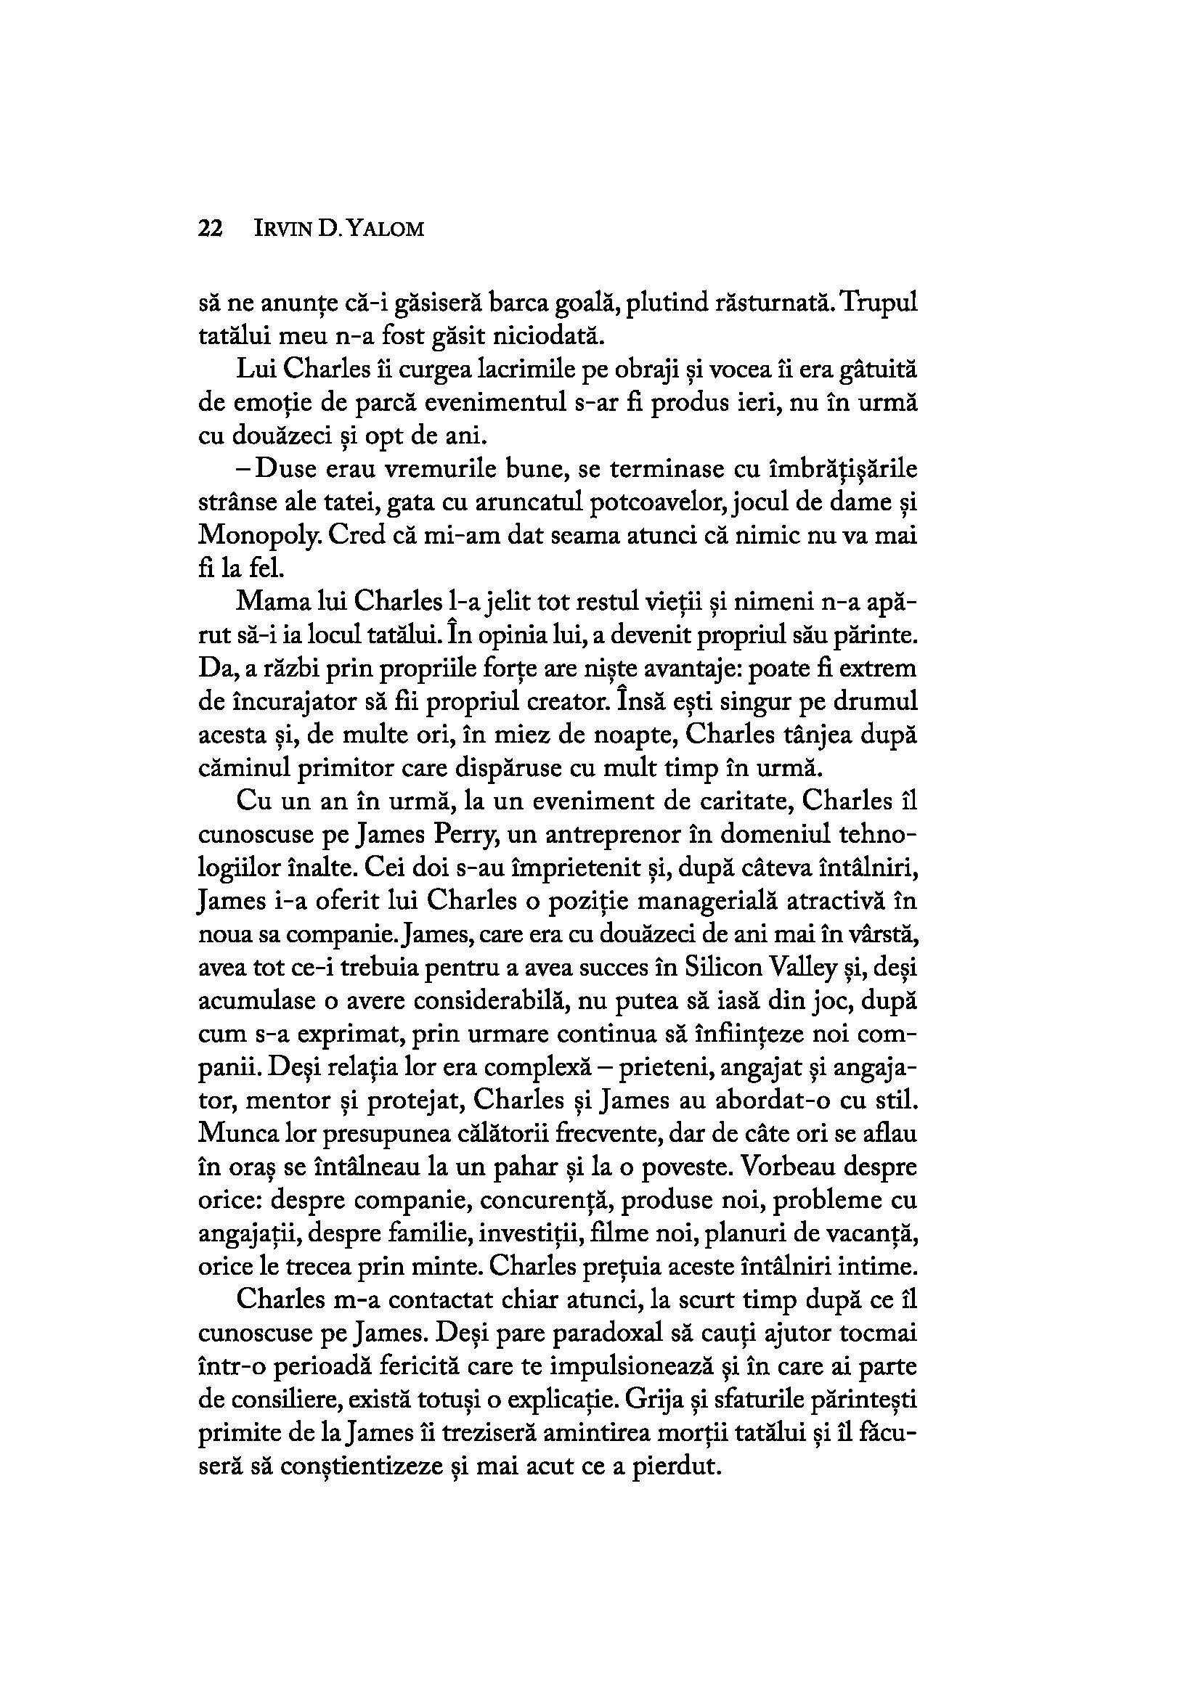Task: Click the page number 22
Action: click(211, 229)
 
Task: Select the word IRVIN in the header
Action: click(282, 230)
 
